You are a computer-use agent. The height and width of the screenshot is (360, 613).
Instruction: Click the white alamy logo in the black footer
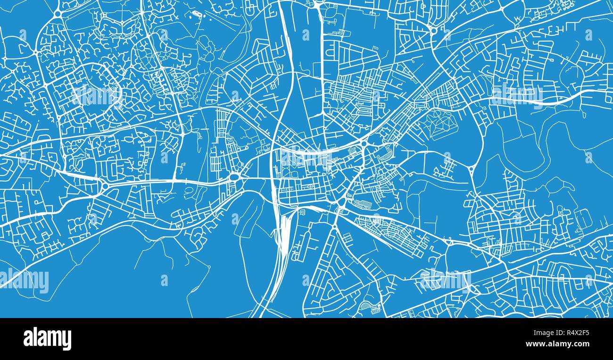click(x=47, y=339)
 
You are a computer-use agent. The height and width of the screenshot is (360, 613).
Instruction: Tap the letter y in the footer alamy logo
click(x=67, y=341)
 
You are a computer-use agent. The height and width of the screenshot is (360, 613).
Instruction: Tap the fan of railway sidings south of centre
click(x=283, y=236)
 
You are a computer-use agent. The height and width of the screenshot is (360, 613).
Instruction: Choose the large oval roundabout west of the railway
click(x=234, y=177)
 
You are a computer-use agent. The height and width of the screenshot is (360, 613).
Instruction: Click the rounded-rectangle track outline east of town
click(x=583, y=218)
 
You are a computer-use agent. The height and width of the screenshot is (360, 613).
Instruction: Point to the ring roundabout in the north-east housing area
click(x=433, y=31)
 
